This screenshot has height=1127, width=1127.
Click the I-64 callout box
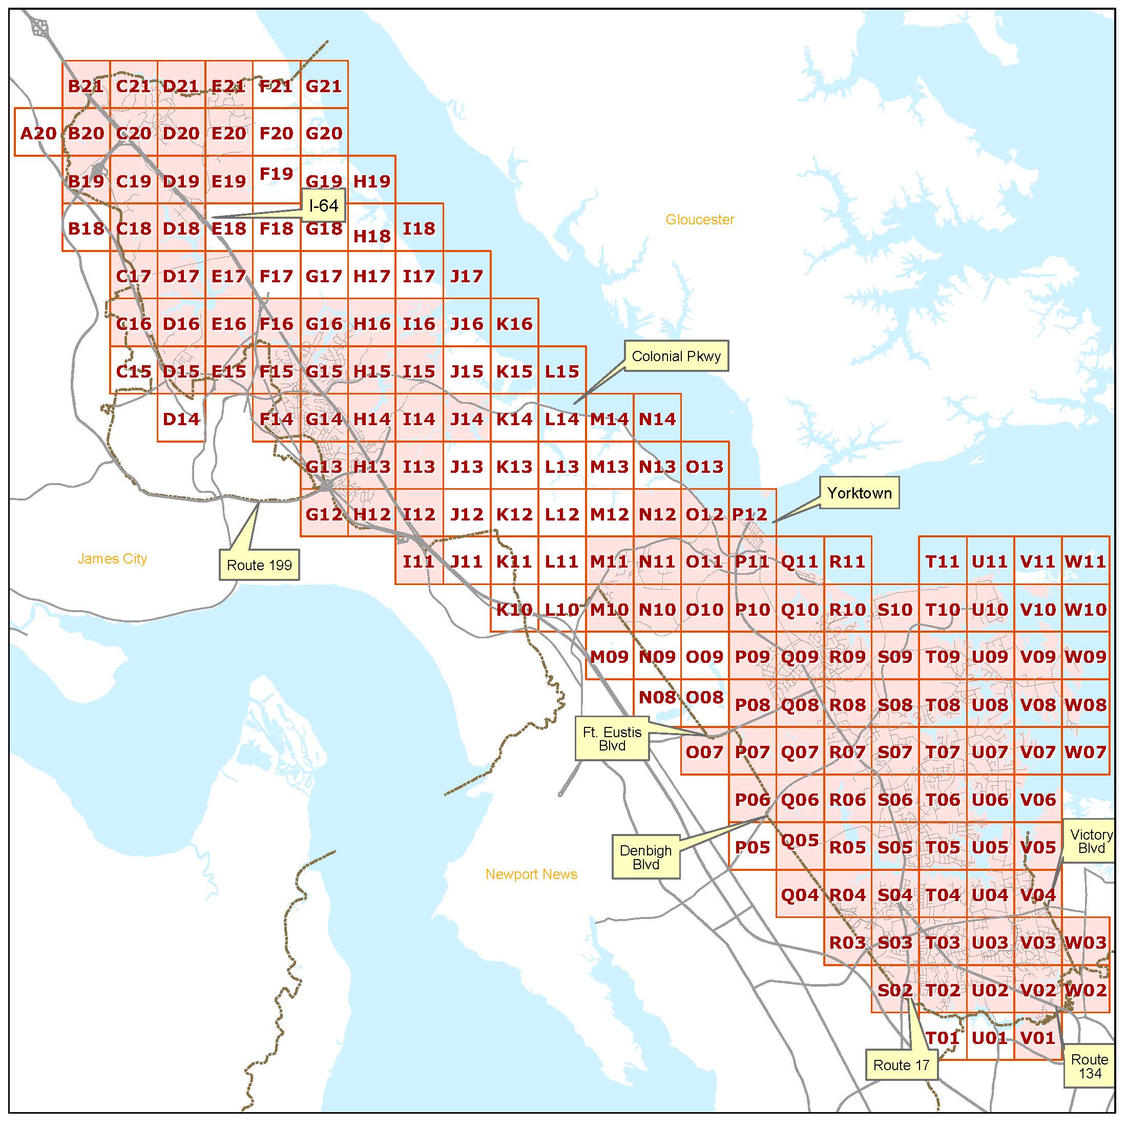pos(324,205)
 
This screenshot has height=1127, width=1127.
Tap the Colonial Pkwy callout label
pos(676,356)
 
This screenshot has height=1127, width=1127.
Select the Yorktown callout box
pos(859,493)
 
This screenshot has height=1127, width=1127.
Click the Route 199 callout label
pos(259,565)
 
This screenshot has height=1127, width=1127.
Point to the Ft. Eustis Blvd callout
pos(612,739)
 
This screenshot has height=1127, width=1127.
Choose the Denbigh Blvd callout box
pos(646,857)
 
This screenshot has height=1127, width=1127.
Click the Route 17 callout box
pos(901,1065)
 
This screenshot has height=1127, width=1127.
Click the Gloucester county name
pos(700,219)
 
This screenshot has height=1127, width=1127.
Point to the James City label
pos(112,559)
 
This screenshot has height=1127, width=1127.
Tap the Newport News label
pos(531,874)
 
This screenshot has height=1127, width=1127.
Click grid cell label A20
pos(38,134)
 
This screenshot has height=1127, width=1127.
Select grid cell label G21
pos(324,87)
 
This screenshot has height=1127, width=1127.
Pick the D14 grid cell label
pos(181,419)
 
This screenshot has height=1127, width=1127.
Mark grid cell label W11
pos(1086,562)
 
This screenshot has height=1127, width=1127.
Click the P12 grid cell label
pos(750,514)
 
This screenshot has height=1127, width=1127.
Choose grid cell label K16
pos(514,324)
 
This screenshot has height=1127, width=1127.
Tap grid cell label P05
pos(753,847)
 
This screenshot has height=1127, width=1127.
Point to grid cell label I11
pos(419,562)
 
